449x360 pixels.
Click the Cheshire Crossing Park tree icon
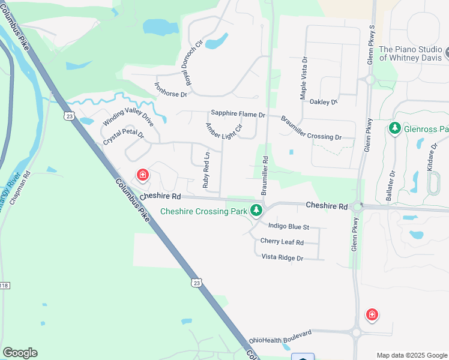(x=256, y=210)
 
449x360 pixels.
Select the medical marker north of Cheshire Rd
(x=143, y=175)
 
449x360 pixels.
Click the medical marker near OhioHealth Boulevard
(x=372, y=314)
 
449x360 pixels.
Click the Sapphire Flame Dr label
(x=238, y=114)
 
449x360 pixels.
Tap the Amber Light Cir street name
(x=223, y=131)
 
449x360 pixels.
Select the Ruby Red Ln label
(x=206, y=170)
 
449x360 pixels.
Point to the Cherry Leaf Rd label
(x=282, y=242)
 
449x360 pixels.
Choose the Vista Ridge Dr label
(x=283, y=257)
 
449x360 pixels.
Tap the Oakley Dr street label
(x=324, y=102)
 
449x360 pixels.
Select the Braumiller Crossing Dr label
(x=311, y=128)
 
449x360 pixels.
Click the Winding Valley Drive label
(x=128, y=116)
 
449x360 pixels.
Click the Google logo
(x=20, y=353)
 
